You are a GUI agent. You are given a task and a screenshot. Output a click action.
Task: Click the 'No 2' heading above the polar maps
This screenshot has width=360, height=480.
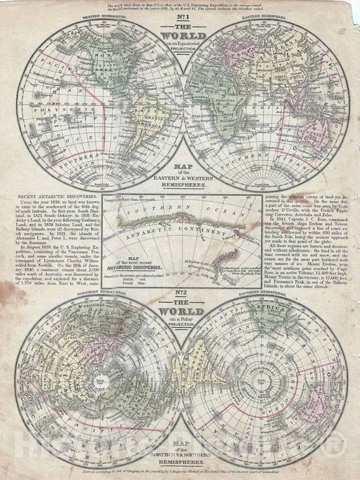[x=180, y=298]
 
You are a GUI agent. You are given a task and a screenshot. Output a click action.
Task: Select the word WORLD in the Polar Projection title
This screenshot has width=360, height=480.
[x=180, y=314]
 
